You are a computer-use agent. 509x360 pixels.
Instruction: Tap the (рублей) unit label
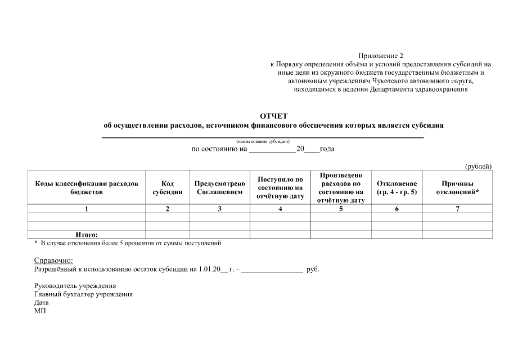478,166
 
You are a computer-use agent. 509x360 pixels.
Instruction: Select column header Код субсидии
167,188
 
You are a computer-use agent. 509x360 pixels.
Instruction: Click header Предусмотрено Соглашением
219,188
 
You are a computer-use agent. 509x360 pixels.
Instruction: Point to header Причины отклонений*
457,188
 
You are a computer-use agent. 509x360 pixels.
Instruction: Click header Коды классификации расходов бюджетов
87,188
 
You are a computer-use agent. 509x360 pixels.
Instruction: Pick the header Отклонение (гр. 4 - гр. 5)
397,188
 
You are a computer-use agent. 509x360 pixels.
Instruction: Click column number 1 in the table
87,209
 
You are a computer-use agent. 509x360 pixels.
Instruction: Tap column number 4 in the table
280,209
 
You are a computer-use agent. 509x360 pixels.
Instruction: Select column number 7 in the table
457,209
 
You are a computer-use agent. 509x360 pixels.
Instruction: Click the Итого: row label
87,235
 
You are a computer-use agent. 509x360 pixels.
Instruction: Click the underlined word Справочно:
53,260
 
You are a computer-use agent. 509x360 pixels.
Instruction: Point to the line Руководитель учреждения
75,286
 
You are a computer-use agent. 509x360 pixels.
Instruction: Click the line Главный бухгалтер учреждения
83,294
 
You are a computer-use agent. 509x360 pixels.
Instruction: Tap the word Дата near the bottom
42,302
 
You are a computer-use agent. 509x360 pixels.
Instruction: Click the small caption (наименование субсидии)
262,141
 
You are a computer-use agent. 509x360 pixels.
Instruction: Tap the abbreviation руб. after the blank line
313,269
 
